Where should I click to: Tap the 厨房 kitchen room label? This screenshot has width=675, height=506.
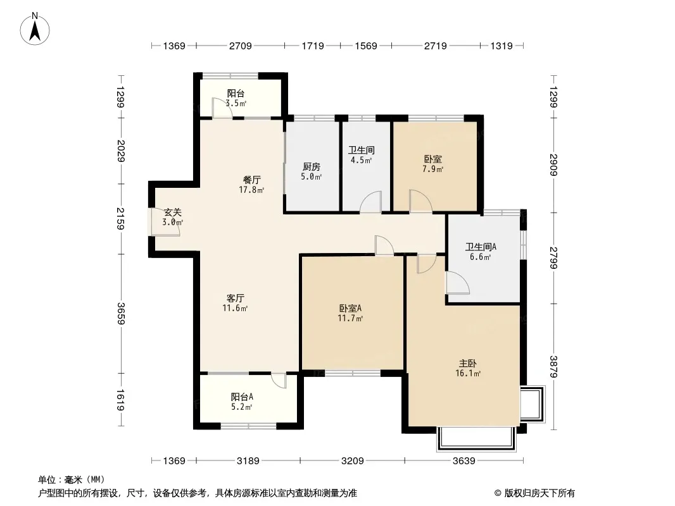tap(312, 167)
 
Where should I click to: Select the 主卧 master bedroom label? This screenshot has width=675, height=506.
tap(467, 364)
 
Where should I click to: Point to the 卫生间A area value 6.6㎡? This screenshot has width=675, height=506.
tap(481, 257)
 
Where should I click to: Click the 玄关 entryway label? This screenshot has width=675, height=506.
tap(173, 213)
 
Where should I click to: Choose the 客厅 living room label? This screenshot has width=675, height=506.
tap(236, 298)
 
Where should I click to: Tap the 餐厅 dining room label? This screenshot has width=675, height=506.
tap(252, 180)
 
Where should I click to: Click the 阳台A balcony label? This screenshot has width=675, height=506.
tap(241, 397)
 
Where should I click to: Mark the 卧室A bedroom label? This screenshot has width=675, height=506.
tap(350, 308)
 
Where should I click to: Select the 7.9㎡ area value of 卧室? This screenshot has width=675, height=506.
tap(432, 169)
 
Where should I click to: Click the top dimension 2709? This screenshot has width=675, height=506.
tap(240, 46)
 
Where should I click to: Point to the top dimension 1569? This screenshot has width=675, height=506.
tap(366, 46)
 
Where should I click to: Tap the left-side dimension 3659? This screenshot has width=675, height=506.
tap(121, 314)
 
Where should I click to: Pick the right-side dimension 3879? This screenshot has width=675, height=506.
tap(554, 367)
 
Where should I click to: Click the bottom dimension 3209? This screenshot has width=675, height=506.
tap(352, 461)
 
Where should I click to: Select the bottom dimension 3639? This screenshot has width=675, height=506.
tap(464, 461)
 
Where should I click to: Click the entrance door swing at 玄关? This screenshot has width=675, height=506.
tap(165, 223)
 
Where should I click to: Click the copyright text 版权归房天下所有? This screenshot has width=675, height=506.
tap(539, 493)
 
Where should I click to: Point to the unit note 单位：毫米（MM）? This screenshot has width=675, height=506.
tap(72, 480)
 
